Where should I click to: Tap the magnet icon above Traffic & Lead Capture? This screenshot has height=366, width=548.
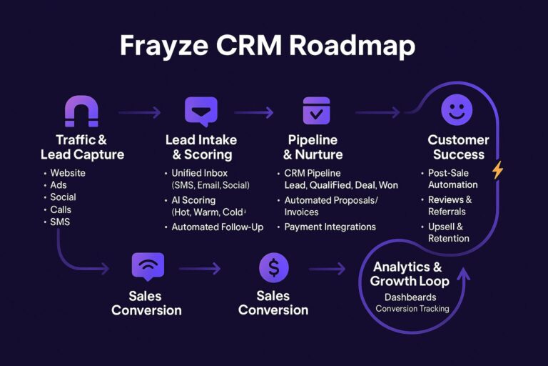pyautogui.click(x=81, y=112)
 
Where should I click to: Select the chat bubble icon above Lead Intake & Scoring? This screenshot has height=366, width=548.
pyautogui.click(x=201, y=112)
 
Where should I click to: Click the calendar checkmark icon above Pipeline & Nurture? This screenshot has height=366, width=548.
pyautogui.click(x=316, y=111)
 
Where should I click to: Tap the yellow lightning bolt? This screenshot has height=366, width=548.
pyautogui.click(x=497, y=170)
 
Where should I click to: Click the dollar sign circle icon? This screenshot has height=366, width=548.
pyautogui.click(x=273, y=268)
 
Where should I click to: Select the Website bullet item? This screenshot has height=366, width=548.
pyautogui.click(x=68, y=173)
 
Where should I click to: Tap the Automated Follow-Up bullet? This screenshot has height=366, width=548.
pyautogui.click(x=217, y=227)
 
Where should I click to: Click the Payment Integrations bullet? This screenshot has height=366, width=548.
pyautogui.click(x=330, y=227)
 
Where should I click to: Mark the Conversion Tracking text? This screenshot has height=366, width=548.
pyautogui.click(x=413, y=309)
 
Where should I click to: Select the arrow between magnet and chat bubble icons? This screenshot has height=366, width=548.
pyautogui.click(x=140, y=112)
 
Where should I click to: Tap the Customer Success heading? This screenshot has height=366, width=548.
pyautogui.click(x=457, y=147)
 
